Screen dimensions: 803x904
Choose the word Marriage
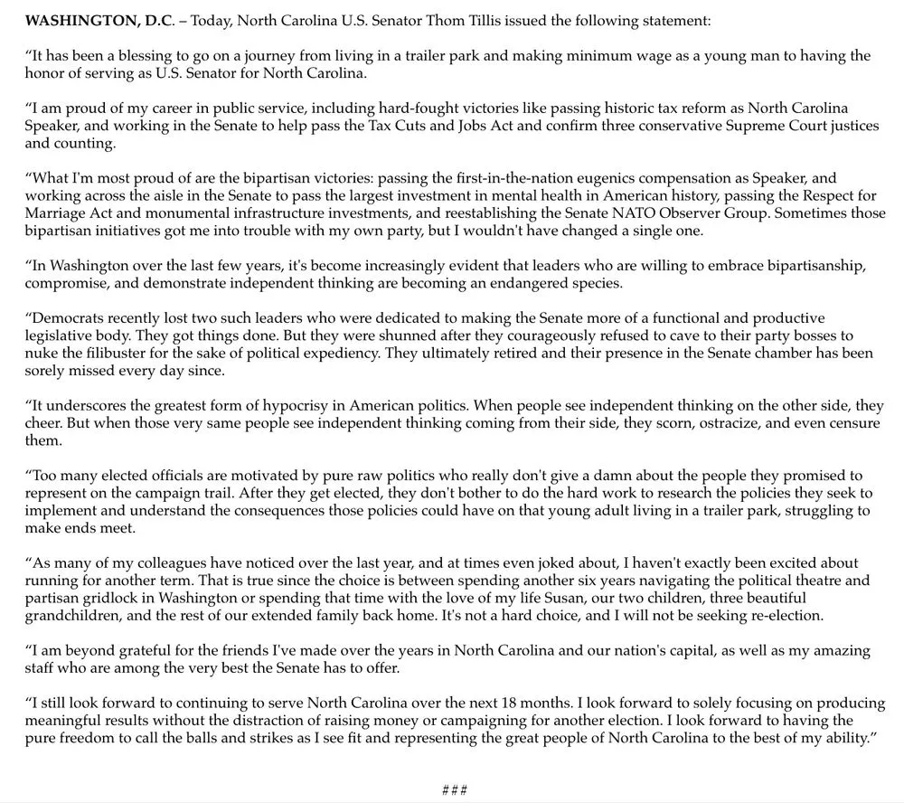[x=55, y=213]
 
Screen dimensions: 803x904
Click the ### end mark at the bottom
[x=454, y=790]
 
